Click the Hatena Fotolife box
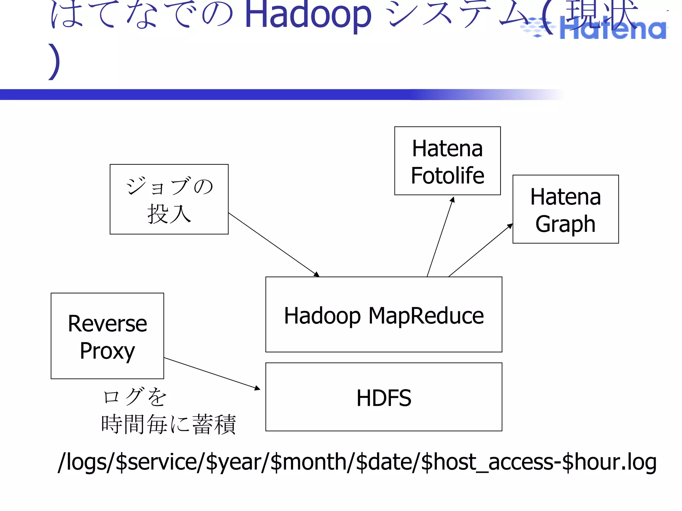point(447,161)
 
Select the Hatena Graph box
point(565,209)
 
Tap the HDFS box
point(384,397)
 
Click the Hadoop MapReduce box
point(384,314)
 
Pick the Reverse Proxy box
point(107,336)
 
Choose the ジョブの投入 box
point(169,199)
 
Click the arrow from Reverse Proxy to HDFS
point(212,373)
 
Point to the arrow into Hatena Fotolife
point(440,237)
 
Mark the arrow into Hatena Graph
point(481,250)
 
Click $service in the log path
point(157,462)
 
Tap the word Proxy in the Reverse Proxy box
point(107,351)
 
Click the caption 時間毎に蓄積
point(169,425)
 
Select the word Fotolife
point(447,175)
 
